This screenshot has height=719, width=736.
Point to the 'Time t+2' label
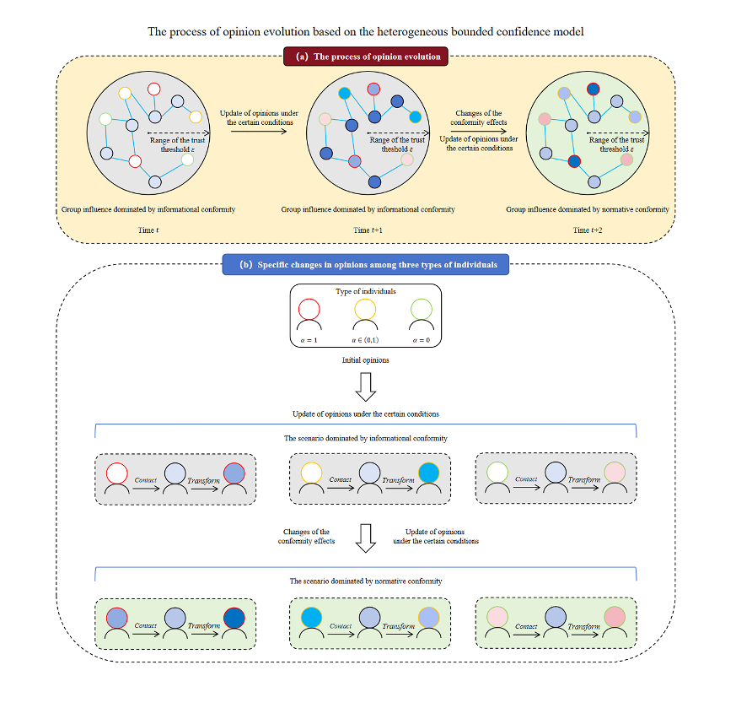coord(588,230)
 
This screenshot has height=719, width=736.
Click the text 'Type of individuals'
coord(365,290)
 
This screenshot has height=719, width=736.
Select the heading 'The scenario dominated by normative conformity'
coord(365,581)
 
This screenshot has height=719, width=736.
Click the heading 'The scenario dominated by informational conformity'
coord(365,439)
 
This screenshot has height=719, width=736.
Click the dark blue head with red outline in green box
coord(234,617)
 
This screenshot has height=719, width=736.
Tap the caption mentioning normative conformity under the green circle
coord(588,209)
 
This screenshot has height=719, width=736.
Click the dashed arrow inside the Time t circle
coord(180,133)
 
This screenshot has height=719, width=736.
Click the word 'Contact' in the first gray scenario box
coord(146,480)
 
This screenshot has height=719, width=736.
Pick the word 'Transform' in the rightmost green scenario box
coord(583,626)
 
